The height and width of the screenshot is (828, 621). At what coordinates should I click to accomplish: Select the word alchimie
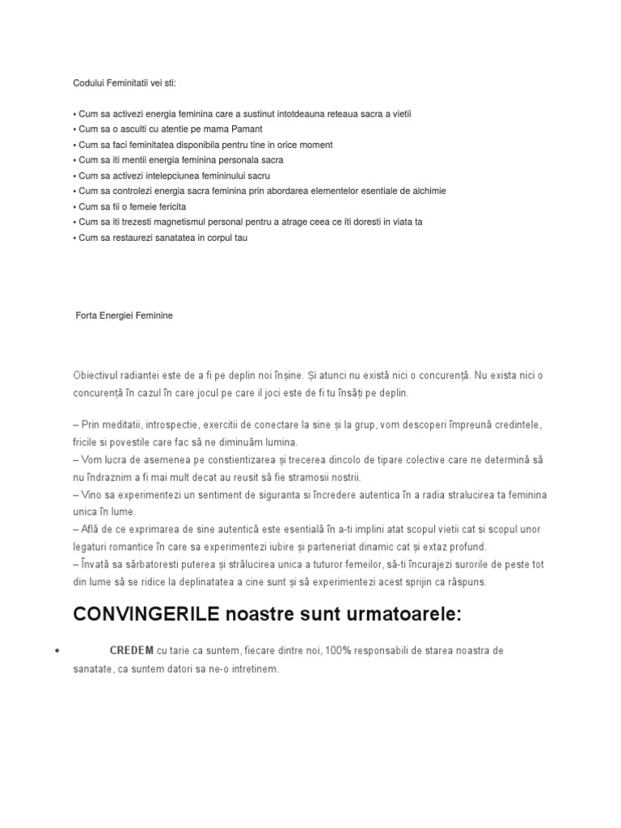point(428,192)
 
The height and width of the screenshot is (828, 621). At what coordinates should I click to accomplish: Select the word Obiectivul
point(95,376)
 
